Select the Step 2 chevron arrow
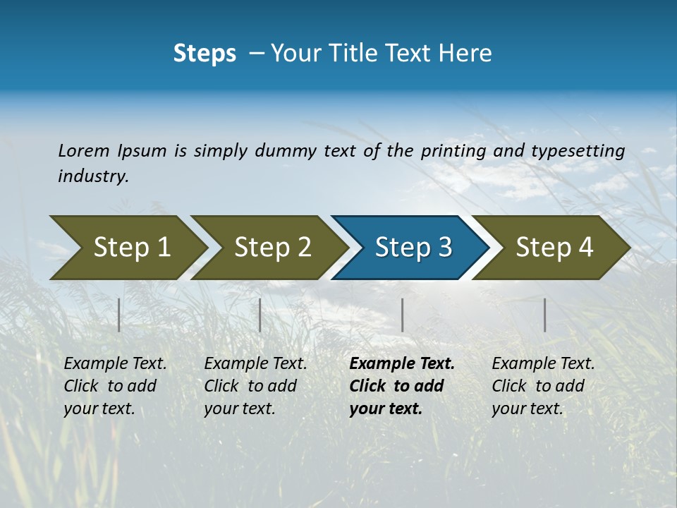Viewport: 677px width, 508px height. (268, 248)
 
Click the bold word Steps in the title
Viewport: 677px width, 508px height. (205, 54)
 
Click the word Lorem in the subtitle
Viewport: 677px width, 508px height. (84, 150)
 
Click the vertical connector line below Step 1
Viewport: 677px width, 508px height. (119, 315)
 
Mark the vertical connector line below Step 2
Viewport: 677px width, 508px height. (260, 315)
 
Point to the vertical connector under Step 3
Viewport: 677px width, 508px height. (402, 315)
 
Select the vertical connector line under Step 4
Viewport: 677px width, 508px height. (545, 315)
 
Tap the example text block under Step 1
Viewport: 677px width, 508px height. (115, 386)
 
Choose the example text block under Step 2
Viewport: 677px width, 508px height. (255, 386)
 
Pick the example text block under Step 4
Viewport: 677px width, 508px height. (543, 386)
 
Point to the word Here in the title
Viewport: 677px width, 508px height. (468, 54)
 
